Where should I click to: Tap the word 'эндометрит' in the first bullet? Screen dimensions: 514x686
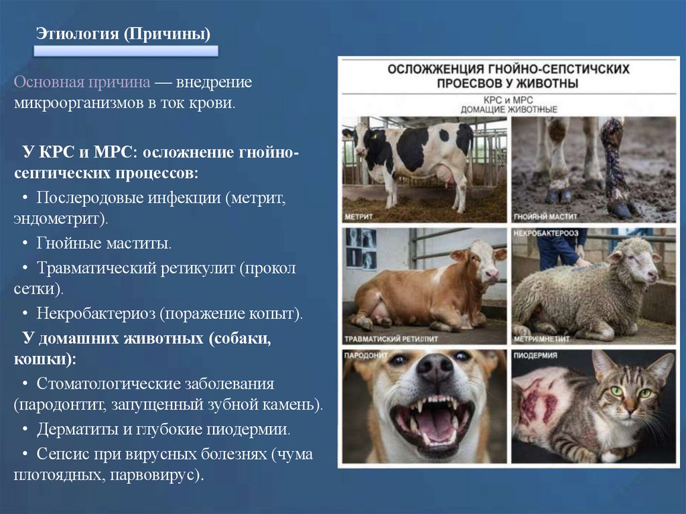coord(58,218)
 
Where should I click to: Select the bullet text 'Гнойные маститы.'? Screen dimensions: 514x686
coord(105,243)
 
